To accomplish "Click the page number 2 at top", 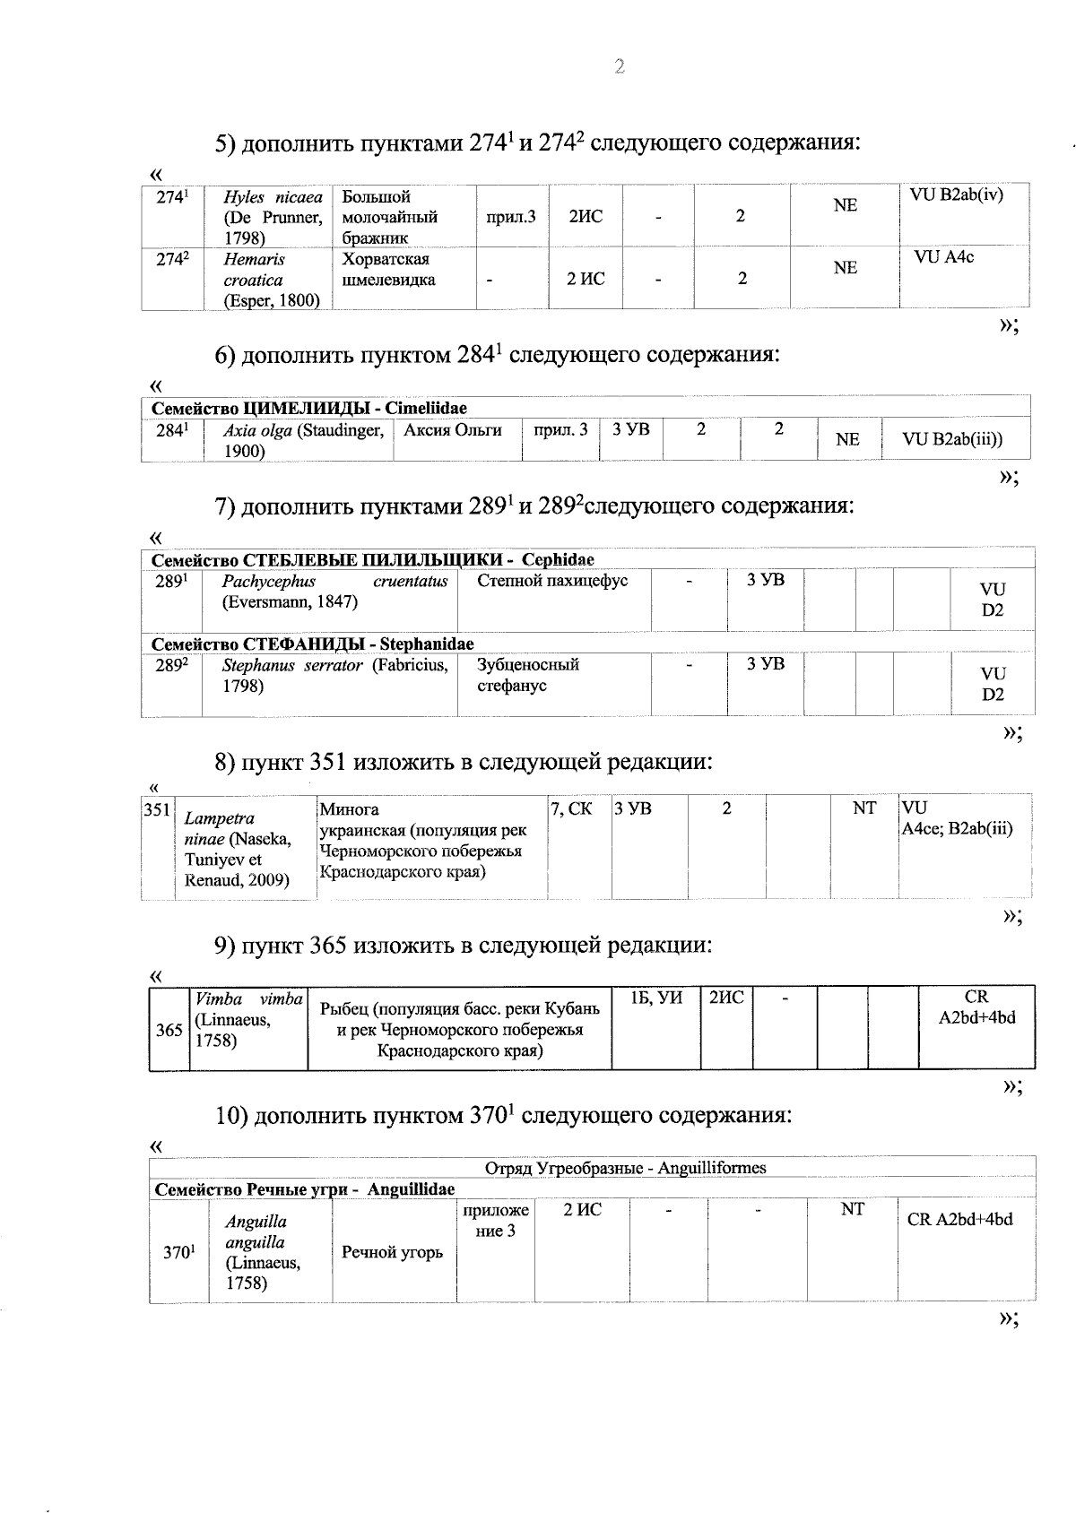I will [x=618, y=66].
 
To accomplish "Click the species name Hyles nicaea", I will [x=273, y=197].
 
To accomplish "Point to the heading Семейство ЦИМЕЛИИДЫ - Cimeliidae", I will [x=309, y=408].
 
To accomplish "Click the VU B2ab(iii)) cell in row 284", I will [x=952, y=439].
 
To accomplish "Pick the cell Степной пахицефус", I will [x=552, y=581].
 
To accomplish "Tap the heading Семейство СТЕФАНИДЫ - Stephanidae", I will [x=313, y=644].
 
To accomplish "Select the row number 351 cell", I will [x=157, y=810].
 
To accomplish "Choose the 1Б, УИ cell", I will [x=656, y=998].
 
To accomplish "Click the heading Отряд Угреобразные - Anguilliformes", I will [x=625, y=1168].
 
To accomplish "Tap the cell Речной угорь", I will [x=392, y=1252].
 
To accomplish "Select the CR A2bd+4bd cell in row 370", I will [x=959, y=1220].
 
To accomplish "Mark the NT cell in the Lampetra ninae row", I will [x=864, y=808].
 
